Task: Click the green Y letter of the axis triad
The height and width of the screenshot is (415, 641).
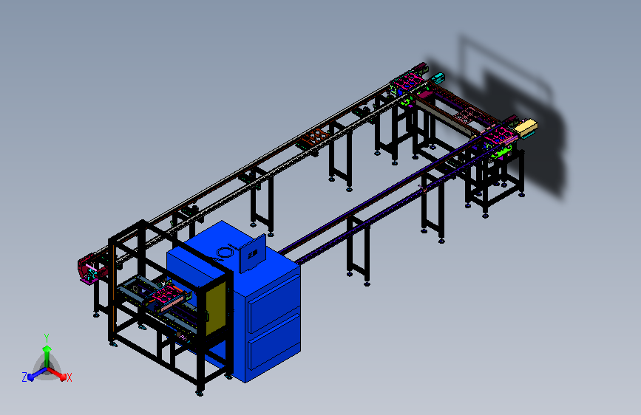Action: tap(47, 338)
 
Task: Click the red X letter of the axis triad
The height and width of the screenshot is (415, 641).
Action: tap(69, 378)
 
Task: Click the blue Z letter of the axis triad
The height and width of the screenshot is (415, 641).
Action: tap(24, 377)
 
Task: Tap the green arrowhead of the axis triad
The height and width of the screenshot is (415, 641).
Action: tap(47, 349)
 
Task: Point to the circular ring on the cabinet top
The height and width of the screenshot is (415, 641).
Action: tap(223, 253)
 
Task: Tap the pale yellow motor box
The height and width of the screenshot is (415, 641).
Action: tap(526, 128)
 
